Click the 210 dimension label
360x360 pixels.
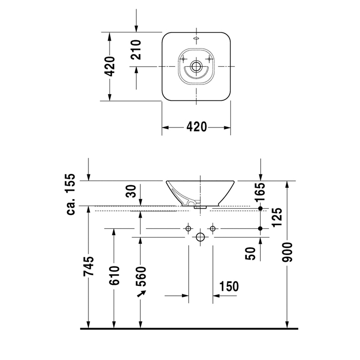click(136, 49)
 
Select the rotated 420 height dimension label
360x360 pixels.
click(110, 66)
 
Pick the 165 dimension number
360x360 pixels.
click(260, 192)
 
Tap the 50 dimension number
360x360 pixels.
click(251, 254)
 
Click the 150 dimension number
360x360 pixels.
click(229, 286)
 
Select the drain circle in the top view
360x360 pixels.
click(196, 66)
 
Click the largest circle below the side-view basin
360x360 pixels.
click(200, 237)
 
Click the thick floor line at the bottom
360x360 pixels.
click(189, 328)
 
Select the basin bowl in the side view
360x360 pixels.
click(200, 191)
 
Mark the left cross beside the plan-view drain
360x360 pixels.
click(183, 60)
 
